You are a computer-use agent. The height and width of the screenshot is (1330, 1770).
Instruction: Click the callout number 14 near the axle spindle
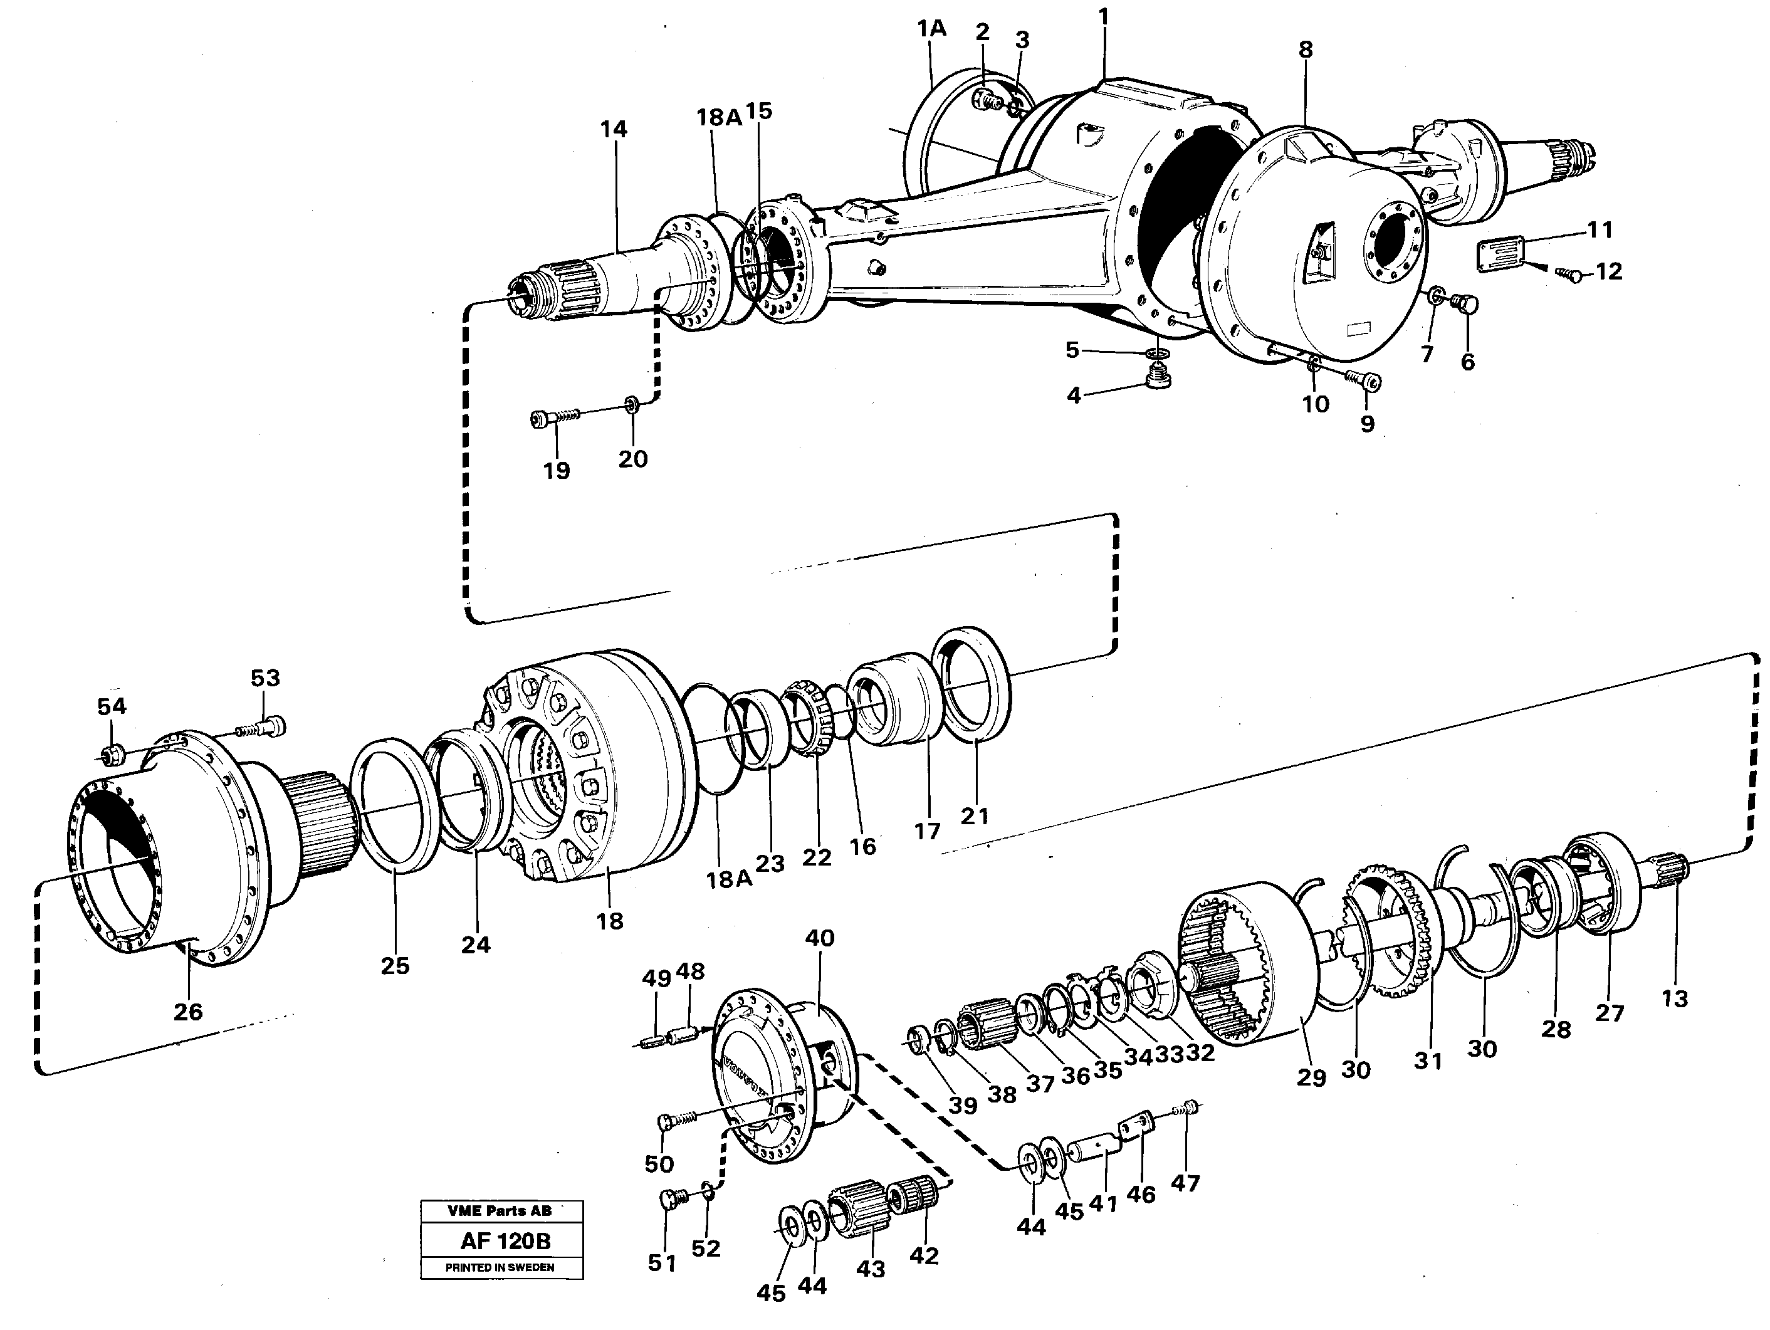pos(614,130)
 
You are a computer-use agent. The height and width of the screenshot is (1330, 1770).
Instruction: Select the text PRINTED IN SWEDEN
pos(500,1267)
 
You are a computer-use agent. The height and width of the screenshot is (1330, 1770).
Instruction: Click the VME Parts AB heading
pos(500,1212)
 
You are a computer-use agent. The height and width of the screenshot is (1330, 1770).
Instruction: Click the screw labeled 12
pos(1571,275)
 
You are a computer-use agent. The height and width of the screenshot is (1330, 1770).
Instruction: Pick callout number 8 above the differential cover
pos(1305,50)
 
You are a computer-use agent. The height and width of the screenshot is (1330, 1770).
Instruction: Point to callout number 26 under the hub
pos(188,1012)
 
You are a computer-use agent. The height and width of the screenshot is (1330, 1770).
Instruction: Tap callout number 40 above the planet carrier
pos(819,938)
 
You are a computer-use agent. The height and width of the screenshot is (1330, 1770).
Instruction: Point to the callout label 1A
pos(931,29)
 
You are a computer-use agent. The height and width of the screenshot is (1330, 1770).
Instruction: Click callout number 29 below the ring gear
pos(1311,1077)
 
